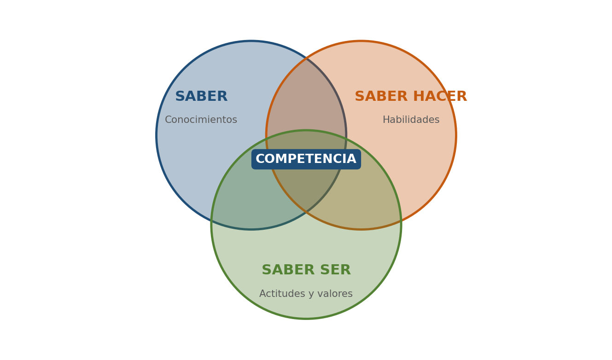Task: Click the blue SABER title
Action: point(201,96)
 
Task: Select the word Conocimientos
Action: point(201,120)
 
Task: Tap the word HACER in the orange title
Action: point(440,96)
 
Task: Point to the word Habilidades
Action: point(411,120)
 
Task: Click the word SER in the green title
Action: point(335,270)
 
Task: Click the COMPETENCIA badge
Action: point(306,159)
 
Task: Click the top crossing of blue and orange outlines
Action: point(306,58)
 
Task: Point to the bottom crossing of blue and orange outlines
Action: point(306,211)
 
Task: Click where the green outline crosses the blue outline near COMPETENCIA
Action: point(346,139)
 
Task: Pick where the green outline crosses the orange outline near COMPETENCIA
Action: point(266,139)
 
